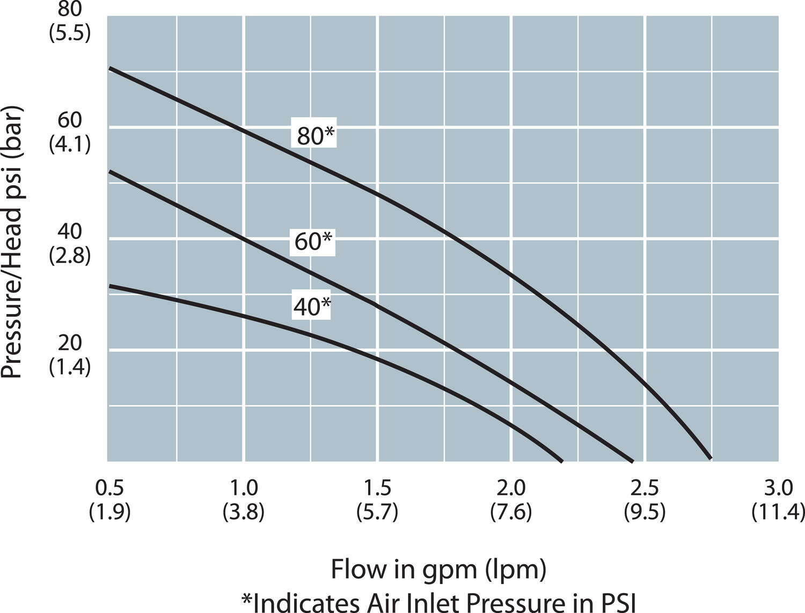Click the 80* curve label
[x=316, y=136]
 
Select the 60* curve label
[x=314, y=242]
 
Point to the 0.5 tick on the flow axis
[x=109, y=488]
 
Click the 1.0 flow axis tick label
[x=244, y=488]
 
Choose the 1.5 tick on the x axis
[x=377, y=488]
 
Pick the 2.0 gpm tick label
[x=511, y=488]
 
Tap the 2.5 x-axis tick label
[x=645, y=488]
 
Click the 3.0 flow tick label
[x=778, y=488]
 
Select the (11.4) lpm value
[x=778, y=513]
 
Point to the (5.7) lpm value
[x=377, y=513]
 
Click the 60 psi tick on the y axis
[x=70, y=120]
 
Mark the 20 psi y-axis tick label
[x=70, y=342]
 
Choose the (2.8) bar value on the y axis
[x=70, y=256]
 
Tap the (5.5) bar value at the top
[x=70, y=33]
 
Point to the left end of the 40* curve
[x=111, y=286]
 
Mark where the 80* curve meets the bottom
[x=710, y=458]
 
